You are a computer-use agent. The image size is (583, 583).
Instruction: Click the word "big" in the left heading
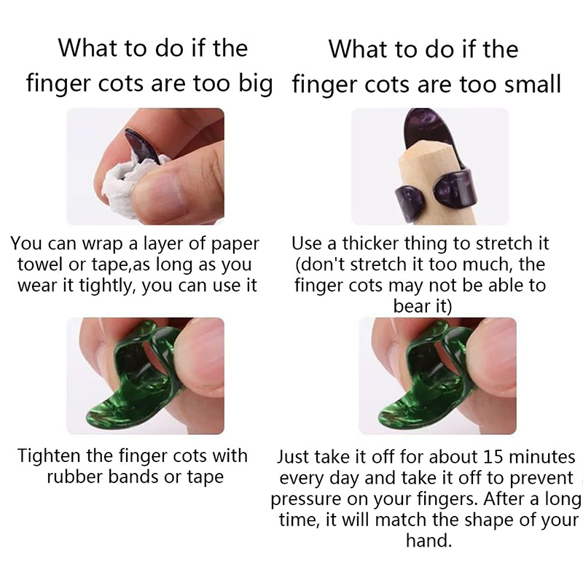pos(256,84)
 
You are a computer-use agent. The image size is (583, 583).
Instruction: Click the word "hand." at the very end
pos(429,541)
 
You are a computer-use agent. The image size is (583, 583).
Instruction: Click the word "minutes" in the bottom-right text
pos(541,457)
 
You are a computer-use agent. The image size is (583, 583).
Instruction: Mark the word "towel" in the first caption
pos(40,265)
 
